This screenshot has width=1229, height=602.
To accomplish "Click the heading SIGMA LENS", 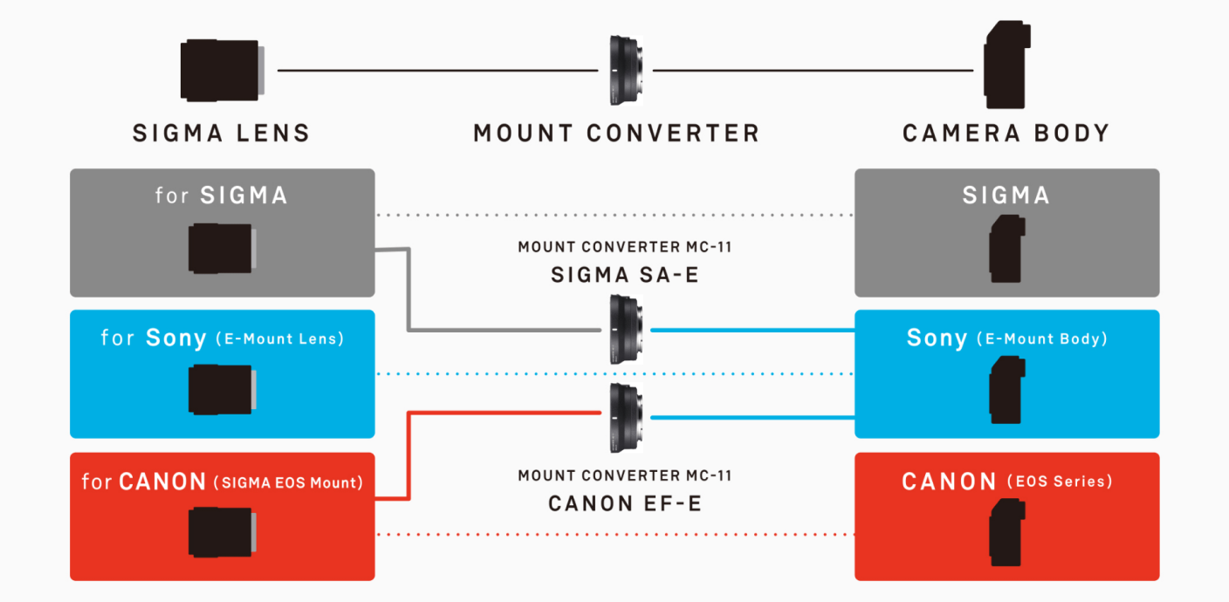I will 221,133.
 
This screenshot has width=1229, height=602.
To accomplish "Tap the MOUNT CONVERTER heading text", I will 616,133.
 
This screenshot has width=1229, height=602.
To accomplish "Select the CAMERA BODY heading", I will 1006,133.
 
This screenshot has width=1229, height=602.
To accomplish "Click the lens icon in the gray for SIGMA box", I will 222,248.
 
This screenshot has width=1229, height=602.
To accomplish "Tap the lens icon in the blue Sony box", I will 222,389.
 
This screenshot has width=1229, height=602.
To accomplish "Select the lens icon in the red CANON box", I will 222,531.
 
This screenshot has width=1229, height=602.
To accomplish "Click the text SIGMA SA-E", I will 625,276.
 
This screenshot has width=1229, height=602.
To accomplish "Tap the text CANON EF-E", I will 625,504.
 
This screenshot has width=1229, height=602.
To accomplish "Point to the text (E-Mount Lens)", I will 279,339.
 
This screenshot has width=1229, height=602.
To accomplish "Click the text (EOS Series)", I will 1060,482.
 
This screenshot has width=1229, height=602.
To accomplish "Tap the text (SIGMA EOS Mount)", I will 288,482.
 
